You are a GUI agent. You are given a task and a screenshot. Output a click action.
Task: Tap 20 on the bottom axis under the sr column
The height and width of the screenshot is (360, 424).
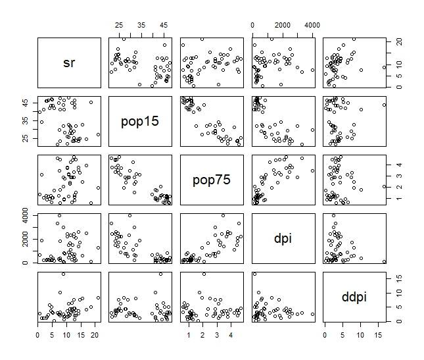pos(96,335)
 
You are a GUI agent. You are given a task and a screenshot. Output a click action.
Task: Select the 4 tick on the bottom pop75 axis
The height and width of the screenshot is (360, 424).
pos(231,335)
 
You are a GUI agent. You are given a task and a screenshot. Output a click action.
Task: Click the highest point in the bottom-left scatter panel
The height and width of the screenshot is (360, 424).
pos(63,274)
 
